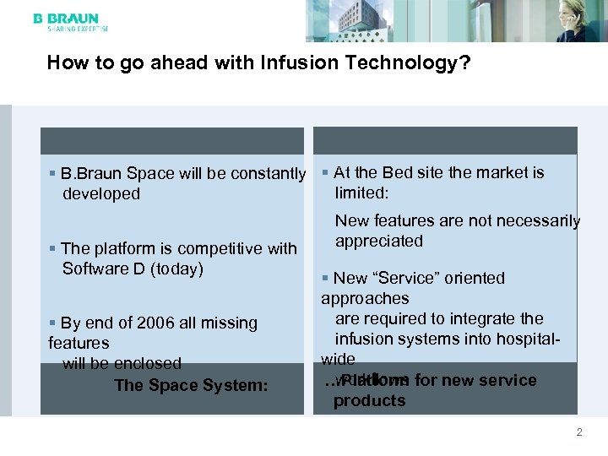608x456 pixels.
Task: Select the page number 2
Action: [579, 432]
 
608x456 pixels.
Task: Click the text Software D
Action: [100, 269]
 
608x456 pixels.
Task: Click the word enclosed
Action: [149, 363]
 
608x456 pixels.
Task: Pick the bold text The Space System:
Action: [190, 386]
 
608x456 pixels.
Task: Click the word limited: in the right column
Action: [361, 193]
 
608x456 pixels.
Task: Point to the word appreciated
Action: [379, 241]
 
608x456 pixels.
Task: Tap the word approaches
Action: [365, 298]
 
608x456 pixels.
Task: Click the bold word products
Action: [369, 400]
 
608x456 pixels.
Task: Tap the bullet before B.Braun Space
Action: [53, 174]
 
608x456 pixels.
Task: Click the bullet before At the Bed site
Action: [325, 172]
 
